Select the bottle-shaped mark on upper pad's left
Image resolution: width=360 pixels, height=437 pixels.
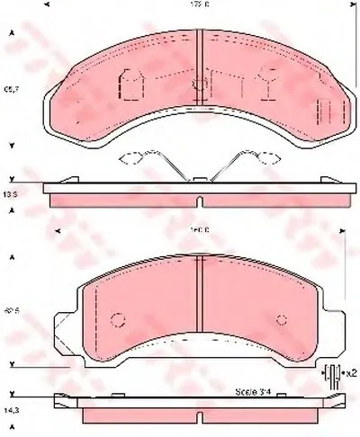coord(129,86)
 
